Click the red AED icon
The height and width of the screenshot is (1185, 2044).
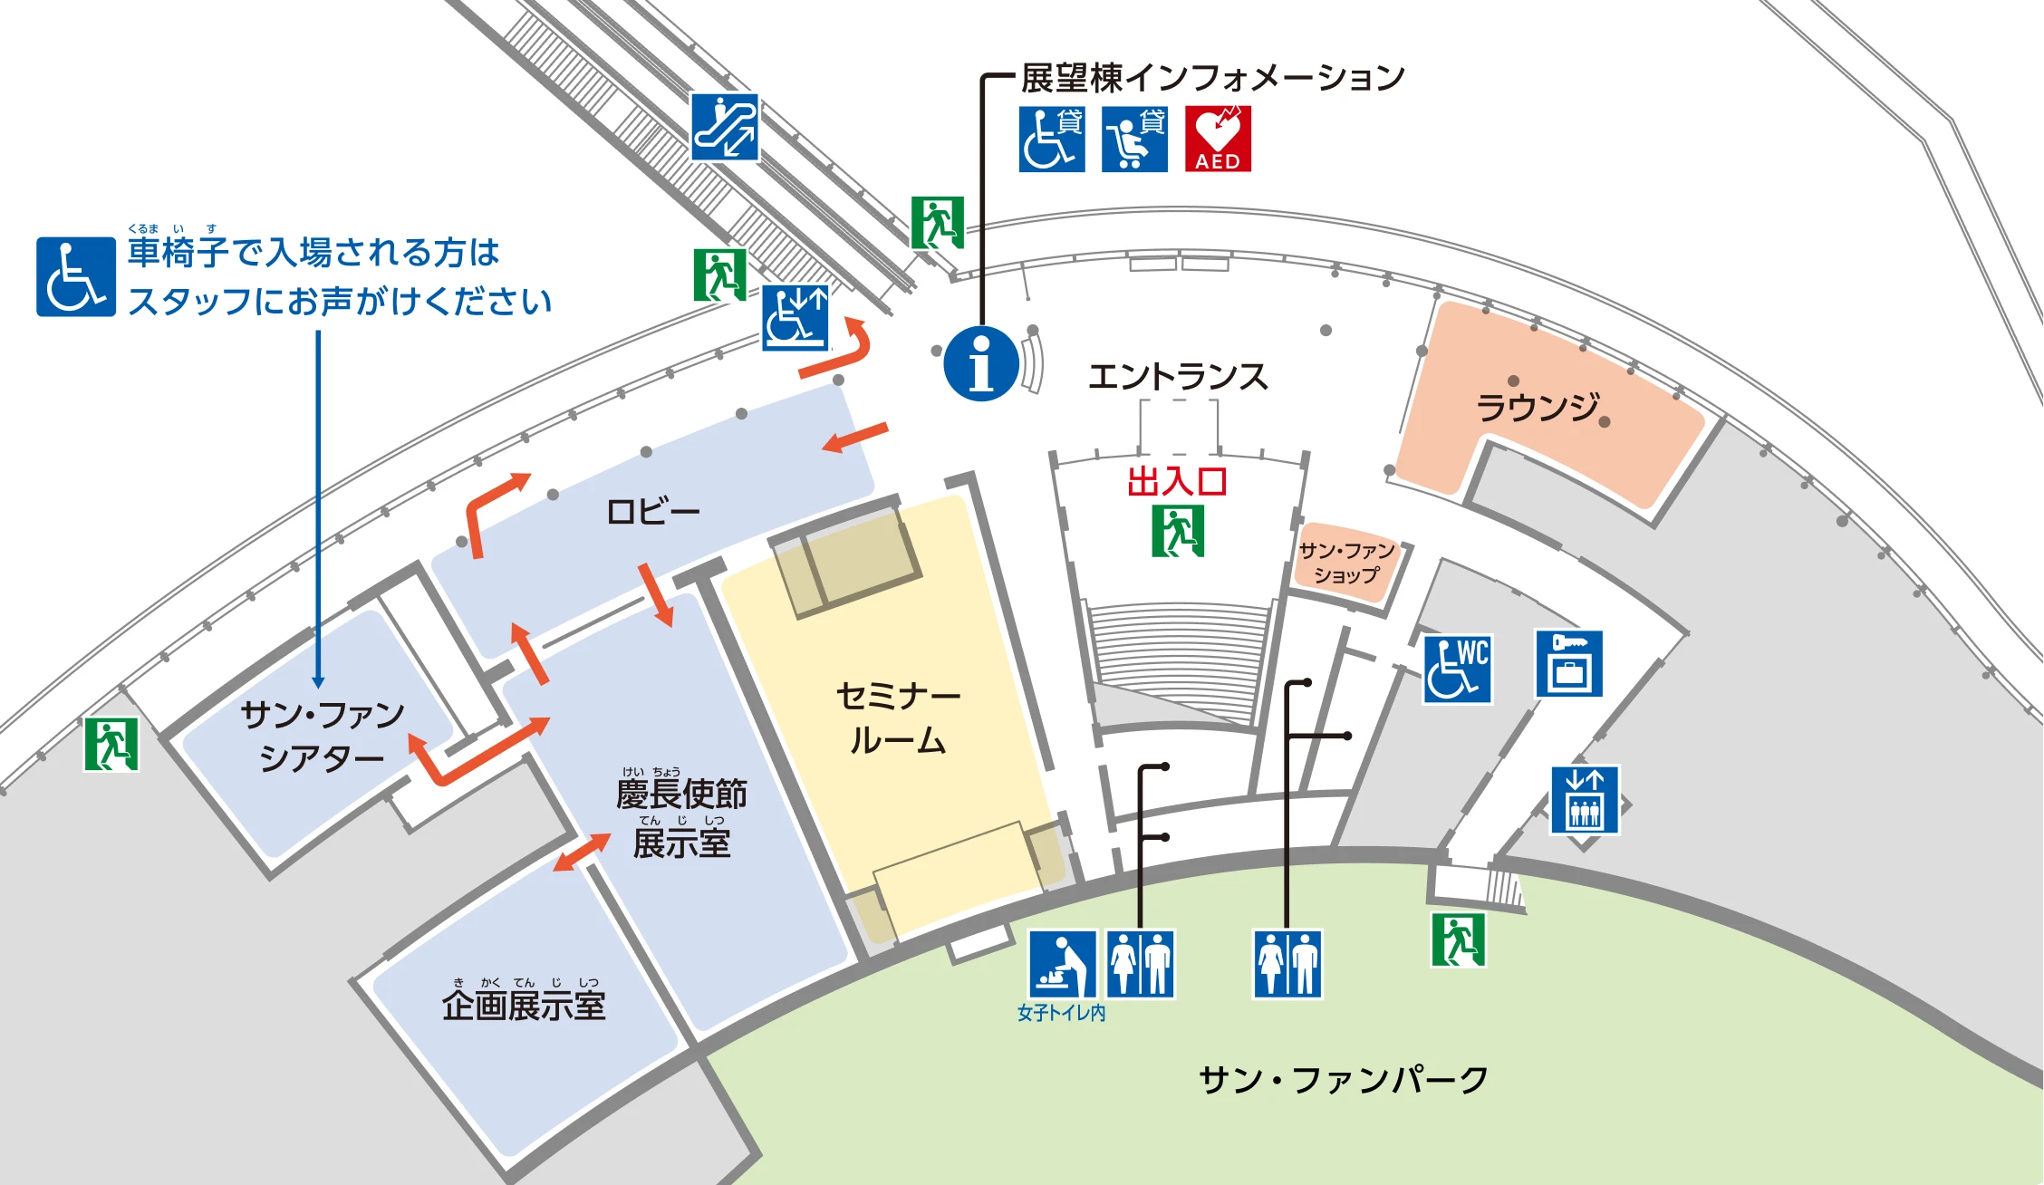tap(1218, 139)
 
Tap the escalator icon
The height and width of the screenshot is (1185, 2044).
tap(725, 127)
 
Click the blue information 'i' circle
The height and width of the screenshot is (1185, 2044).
tap(981, 363)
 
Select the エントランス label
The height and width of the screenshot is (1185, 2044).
tap(1177, 376)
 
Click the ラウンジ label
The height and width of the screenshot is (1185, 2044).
tap(1538, 407)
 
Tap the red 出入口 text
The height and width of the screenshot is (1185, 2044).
tap(1177, 481)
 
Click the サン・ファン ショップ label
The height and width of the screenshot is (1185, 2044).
tap(1346, 563)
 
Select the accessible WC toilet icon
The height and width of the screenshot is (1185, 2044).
tap(1457, 670)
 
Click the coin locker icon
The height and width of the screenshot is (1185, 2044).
tap(1569, 664)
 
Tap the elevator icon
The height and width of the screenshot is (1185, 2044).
tap(1584, 800)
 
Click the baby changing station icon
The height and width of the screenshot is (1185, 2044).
tap(1062, 964)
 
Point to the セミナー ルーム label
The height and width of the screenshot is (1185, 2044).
tap(897, 718)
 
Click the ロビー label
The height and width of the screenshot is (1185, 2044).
tap(652, 512)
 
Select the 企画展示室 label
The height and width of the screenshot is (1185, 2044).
tap(524, 1005)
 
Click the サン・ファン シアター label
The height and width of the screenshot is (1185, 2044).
tap(322, 736)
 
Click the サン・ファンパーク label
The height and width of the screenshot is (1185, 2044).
tap(1343, 1079)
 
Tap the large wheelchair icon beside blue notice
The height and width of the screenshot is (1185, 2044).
tap(76, 276)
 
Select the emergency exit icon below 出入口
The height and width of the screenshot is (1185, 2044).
tap(1178, 531)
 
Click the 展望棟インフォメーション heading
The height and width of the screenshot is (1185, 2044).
tap(1212, 78)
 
